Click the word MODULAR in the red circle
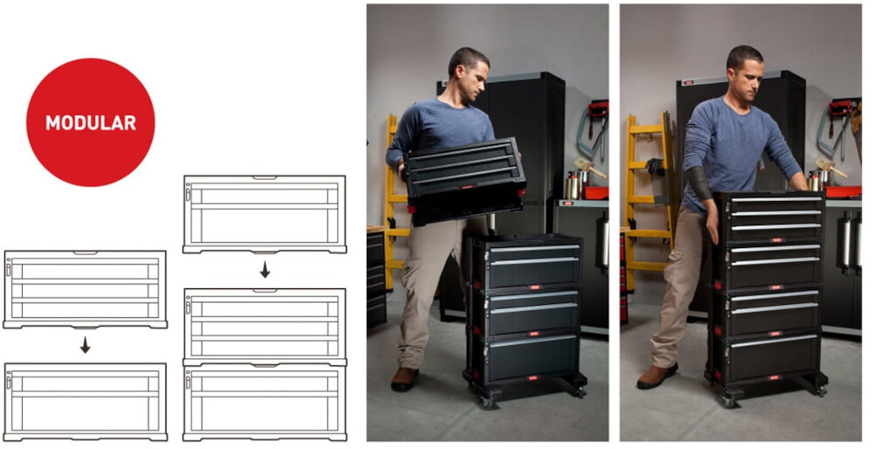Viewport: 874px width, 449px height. [91, 122]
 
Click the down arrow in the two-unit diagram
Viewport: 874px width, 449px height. [85, 345]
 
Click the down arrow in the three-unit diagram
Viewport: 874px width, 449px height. [265, 270]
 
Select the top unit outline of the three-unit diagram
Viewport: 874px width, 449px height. [265, 215]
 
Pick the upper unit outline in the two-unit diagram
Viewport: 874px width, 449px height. [85, 289]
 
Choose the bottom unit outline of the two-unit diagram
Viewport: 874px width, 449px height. [85, 402]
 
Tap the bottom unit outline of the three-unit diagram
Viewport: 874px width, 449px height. [265, 402]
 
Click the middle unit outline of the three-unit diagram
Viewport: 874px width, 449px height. [265, 327]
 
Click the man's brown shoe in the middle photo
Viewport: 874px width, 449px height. [404, 378]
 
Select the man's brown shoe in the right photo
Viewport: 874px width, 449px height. [657, 376]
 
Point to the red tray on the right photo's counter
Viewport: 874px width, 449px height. [843, 191]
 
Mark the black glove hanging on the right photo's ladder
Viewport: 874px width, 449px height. [655, 167]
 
